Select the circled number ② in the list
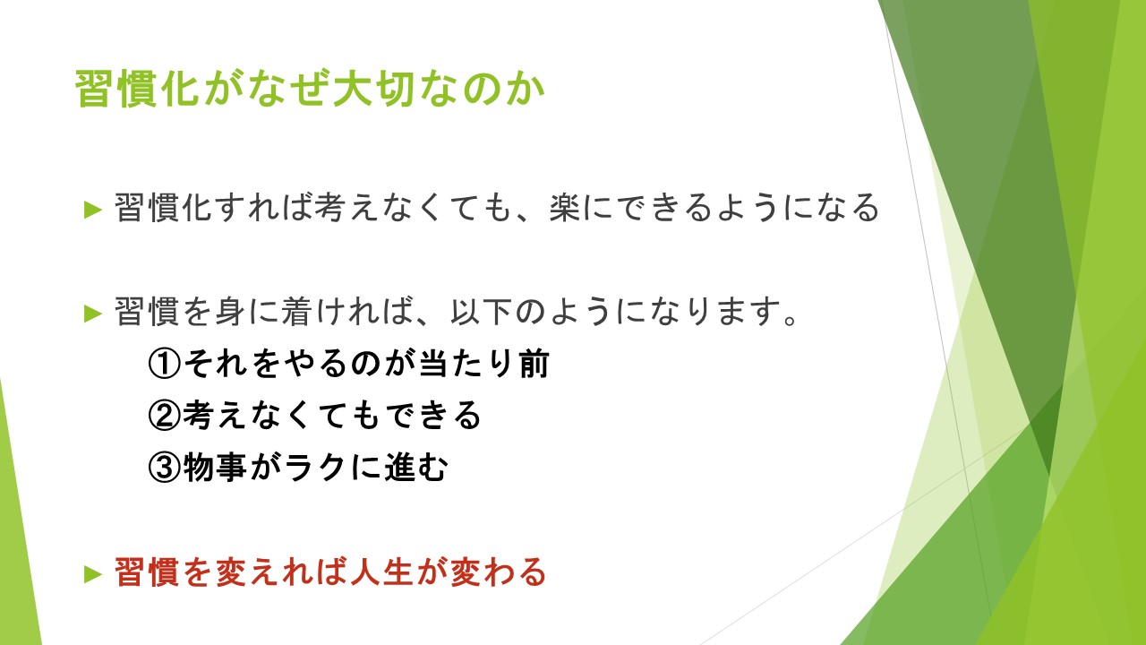[165, 415]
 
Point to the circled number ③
[165, 466]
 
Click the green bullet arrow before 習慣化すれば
[93, 210]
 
